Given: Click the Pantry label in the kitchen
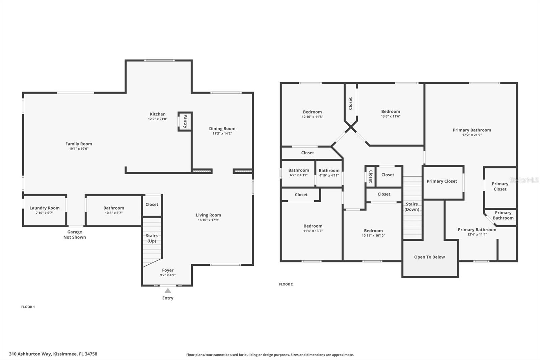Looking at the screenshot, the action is pos(185,121).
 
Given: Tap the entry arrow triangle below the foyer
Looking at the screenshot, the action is pos(168,291).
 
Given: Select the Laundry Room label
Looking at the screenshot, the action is pos(45,208).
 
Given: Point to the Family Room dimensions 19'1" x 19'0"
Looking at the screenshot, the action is pos(79,149).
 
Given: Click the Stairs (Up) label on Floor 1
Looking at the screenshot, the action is pos(152,238).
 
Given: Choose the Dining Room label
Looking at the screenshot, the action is pos(222,129).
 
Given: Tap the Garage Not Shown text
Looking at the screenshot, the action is pos(75,234).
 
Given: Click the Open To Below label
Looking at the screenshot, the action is pos(430,257).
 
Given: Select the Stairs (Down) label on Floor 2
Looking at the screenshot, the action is pos(412,207).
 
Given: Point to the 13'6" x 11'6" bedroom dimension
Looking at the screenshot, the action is pos(390,116).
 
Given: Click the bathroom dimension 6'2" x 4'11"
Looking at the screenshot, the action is pos(299,175).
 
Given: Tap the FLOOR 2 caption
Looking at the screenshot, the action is pos(286,284).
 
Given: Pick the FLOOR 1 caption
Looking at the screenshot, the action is pos(28,307).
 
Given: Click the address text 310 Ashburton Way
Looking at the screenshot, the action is pos(30,354).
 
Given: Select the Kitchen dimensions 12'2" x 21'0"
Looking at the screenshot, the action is pos(158,119).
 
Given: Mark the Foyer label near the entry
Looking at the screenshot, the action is pos(168,270).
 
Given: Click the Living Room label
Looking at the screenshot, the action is pos(208,215).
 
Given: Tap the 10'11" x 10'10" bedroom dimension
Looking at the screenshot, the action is pos(373,235).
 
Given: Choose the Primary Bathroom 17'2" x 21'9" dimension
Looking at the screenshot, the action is pos(472,135).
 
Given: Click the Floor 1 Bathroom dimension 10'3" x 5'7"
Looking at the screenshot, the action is pos(114,213).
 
